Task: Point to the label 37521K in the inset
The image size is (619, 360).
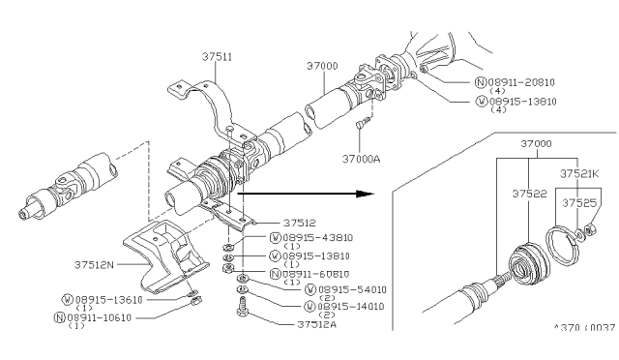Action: click(578, 173)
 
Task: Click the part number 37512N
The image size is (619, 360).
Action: click(93, 262)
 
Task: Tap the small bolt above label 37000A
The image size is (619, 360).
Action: click(361, 123)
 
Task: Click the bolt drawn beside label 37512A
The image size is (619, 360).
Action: click(241, 310)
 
